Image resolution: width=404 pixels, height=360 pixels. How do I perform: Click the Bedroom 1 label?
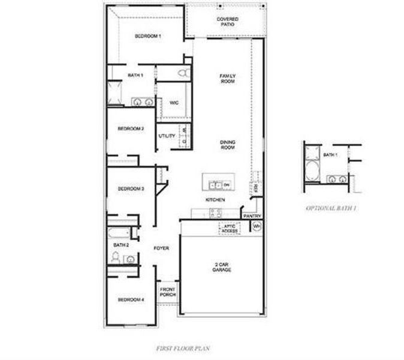click(147, 37)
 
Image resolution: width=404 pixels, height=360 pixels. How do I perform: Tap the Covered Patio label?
click(227, 22)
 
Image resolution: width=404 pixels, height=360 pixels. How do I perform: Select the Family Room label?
click(227, 78)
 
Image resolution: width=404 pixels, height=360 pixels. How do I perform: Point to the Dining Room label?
click(227, 145)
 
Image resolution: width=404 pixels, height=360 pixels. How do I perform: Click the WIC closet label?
click(174, 103)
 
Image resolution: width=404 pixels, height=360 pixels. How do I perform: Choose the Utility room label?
click(167, 136)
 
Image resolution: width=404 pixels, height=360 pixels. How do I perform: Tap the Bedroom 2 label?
click(130, 129)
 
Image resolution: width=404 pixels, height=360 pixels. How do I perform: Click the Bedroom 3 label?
click(130, 189)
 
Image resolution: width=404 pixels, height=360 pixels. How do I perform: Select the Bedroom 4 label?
click(130, 300)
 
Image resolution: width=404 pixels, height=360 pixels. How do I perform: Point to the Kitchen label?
click(215, 199)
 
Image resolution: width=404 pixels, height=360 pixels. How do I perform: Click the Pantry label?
click(251, 216)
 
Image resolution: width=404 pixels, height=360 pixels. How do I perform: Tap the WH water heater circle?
click(257, 226)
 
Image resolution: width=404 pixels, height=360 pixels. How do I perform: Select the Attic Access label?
click(230, 229)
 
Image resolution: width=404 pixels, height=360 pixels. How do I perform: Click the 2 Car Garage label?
click(221, 268)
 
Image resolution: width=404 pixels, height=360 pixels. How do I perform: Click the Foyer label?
click(161, 248)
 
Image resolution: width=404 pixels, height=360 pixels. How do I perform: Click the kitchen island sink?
click(214, 184)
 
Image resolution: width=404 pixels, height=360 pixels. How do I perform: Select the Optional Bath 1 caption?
click(331, 208)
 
